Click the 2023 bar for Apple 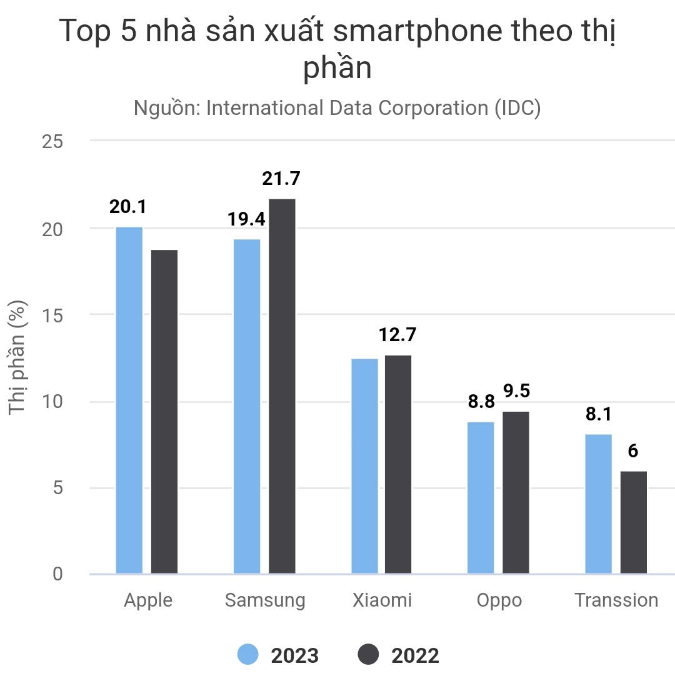[x=129, y=400]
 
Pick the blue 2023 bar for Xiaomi [x=364, y=466]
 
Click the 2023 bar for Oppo [x=481, y=498]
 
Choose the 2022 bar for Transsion [x=634, y=522]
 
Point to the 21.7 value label [x=281, y=179]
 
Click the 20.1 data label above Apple [x=128, y=207]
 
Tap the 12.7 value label [x=397, y=335]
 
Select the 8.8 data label [x=481, y=402]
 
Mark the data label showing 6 [x=633, y=450]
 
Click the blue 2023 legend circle [x=248, y=655]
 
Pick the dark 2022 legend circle [x=369, y=655]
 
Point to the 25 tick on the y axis [x=52, y=141]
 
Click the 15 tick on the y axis [x=52, y=315]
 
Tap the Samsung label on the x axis [x=265, y=600]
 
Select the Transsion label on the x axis [x=616, y=600]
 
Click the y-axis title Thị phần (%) [x=19, y=357]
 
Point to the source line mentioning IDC [x=337, y=108]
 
